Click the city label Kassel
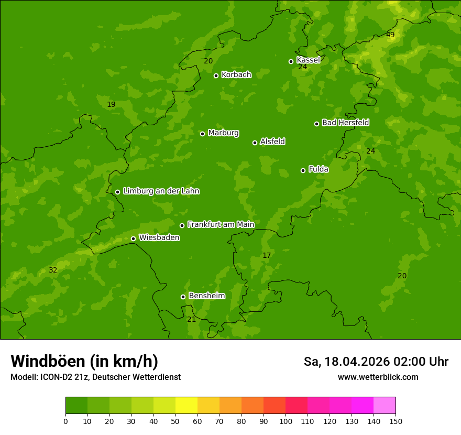click(308, 60)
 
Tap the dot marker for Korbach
click(216, 75)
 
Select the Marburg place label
click(223, 133)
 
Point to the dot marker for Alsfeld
click(255, 143)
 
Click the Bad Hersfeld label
click(345, 123)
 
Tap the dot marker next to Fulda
click(303, 170)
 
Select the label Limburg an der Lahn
click(161, 191)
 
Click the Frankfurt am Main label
click(221, 224)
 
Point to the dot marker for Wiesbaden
click(133, 238)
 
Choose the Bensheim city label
click(206, 296)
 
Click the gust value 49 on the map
click(390, 35)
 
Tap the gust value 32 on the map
click(53, 270)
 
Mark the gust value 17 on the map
click(267, 256)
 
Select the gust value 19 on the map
click(111, 105)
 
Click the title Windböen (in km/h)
click(84, 361)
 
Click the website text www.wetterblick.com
click(378, 377)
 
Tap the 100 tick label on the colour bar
click(286, 421)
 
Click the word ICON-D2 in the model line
click(56, 377)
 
